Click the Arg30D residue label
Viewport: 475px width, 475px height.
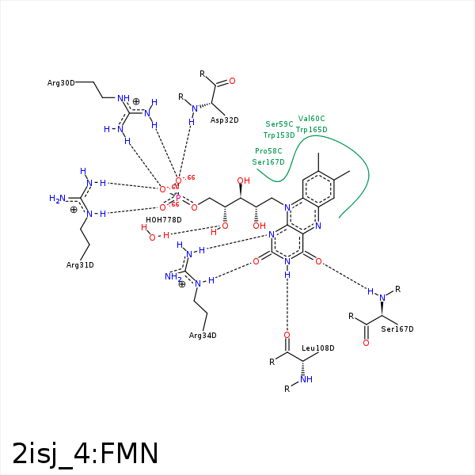(61, 83)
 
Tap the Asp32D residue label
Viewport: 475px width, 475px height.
(224, 120)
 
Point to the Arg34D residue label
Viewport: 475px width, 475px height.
(203, 336)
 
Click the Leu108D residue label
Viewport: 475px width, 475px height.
(318, 348)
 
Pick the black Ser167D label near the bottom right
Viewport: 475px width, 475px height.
(397, 329)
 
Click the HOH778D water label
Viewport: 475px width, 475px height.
(164, 219)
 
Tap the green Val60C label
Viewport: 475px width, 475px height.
(311, 119)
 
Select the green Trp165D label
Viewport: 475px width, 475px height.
(311, 130)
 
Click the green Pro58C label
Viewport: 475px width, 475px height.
(268, 150)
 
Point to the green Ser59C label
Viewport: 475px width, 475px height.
(279, 124)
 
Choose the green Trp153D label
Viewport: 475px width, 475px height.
(279, 135)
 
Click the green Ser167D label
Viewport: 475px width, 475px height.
(268, 162)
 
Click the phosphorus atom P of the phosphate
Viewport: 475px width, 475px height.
(177, 198)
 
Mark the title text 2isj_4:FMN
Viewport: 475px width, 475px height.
(85, 453)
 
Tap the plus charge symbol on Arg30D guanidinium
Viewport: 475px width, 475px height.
(136, 101)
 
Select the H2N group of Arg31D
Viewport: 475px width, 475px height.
(57, 199)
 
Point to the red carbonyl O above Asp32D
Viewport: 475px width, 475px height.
(231, 81)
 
